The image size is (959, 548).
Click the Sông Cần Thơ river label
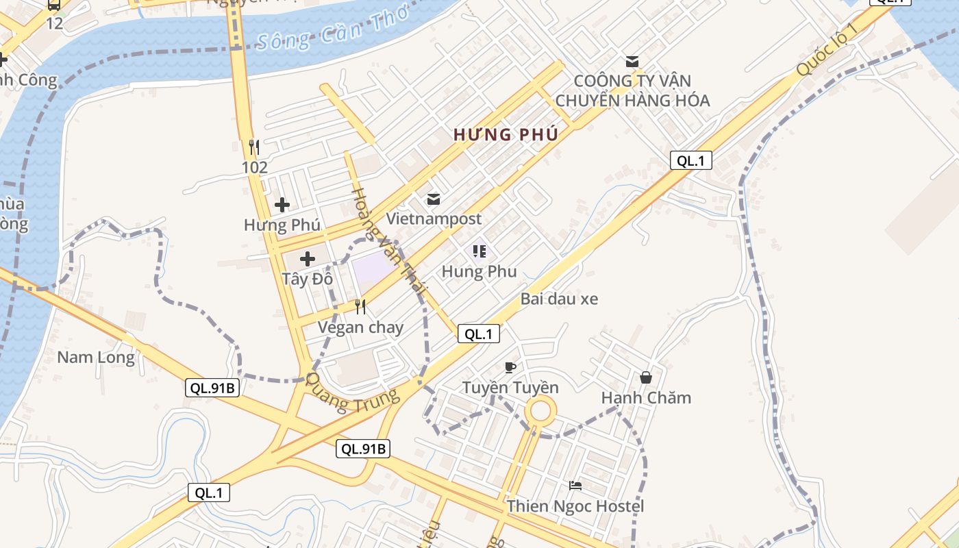pyautogui.click(x=332, y=29)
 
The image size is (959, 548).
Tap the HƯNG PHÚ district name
pyautogui.click(x=506, y=135)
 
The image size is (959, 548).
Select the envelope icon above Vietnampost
pyautogui.click(x=434, y=199)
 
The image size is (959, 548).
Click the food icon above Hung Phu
pyautogui.click(x=479, y=251)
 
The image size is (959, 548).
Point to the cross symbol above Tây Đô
pyautogui.click(x=308, y=259)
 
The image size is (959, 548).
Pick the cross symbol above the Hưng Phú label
pyautogui.click(x=282, y=205)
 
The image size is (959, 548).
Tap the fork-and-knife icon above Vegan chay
pyautogui.click(x=360, y=306)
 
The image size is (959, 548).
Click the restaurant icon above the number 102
pyautogui.click(x=254, y=147)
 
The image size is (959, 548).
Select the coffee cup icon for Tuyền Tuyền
pyautogui.click(x=510, y=367)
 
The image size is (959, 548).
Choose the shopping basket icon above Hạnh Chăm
pyautogui.click(x=645, y=377)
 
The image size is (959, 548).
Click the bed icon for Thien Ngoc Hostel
pyautogui.click(x=575, y=486)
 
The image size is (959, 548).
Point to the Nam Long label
pyautogui.click(x=96, y=357)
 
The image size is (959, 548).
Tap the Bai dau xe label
pyautogui.click(x=559, y=299)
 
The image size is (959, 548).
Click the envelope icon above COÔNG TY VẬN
pyautogui.click(x=632, y=62)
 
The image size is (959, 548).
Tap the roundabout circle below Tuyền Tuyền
pyautogui.click(x=540, y=411)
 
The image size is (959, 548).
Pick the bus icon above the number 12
pyautogui.click(x=54, y=5)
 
